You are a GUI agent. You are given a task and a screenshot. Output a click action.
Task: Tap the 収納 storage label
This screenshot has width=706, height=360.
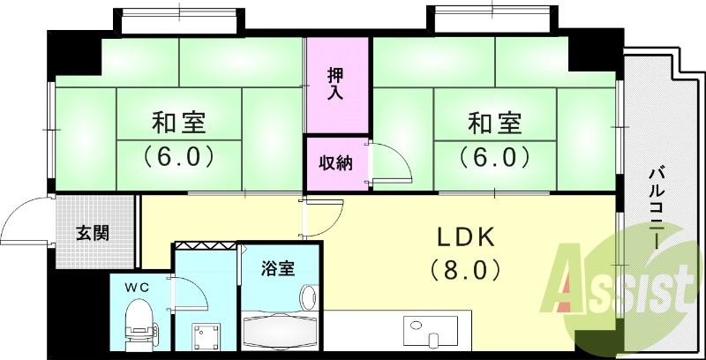tap(335, 162)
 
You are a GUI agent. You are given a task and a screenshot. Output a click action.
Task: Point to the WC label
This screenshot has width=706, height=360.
tap(137, 287)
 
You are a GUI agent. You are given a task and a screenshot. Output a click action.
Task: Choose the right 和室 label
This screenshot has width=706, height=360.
tap(494, 122)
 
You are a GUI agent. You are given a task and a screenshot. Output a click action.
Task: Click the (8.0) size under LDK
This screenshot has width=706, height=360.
tap(466, 268)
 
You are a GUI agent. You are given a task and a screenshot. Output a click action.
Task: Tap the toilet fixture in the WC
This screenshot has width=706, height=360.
tap(140, 322)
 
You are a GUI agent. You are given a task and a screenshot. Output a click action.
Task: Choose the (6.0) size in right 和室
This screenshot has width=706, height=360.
tap(494, 158)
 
